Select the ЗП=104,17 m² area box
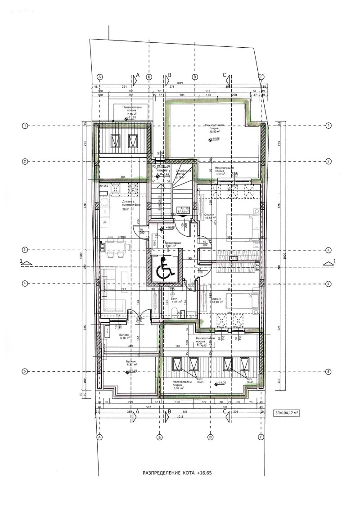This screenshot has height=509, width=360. [x=287, y=412]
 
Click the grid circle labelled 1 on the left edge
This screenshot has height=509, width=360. [x=26, y=125]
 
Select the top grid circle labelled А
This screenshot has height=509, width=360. [x=99, y=77]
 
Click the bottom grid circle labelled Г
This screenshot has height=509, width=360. [x=261, y=437]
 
